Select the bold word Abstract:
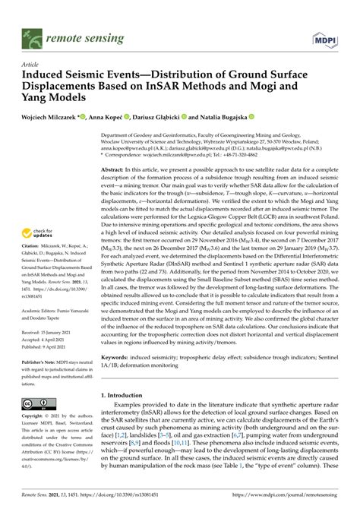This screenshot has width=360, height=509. [x=115, y=171]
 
